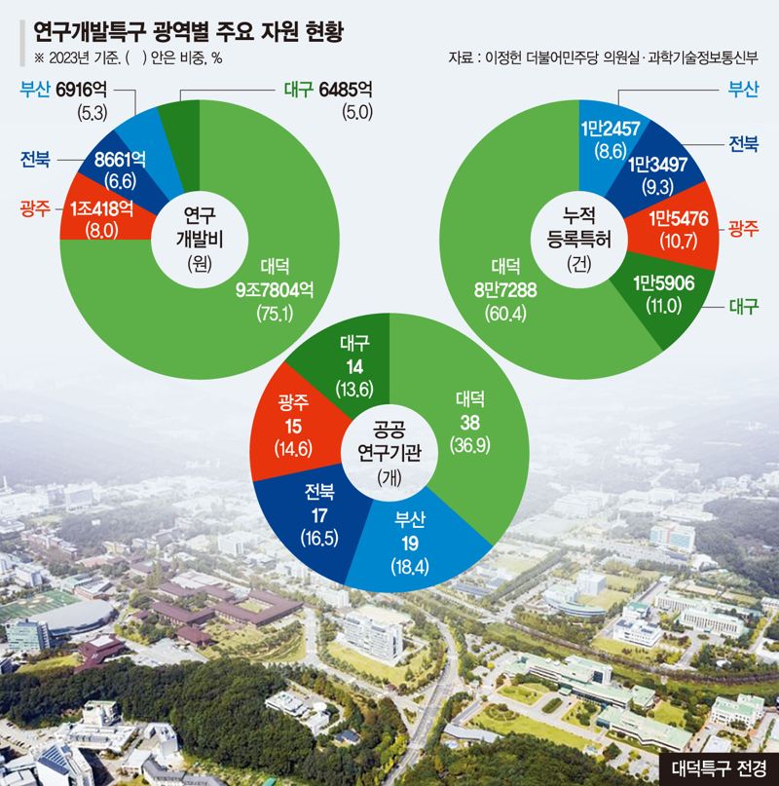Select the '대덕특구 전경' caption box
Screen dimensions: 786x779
718,767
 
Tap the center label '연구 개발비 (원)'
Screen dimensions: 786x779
200,237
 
